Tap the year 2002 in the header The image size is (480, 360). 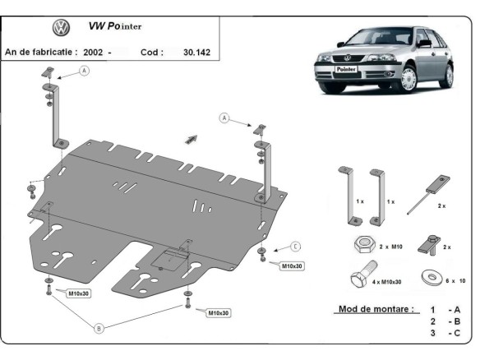[93, 52]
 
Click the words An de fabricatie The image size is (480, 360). [41, 52]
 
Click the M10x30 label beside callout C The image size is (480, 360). [293, 265]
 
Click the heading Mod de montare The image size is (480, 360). [375, 310]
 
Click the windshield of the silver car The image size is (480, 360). [370, 39]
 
